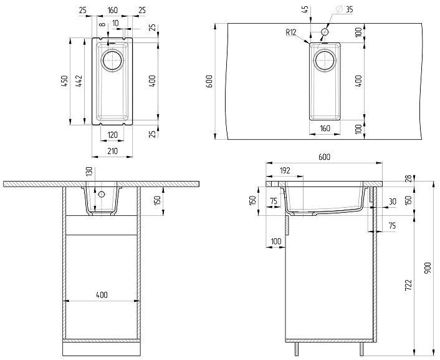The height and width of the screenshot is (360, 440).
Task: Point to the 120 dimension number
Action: click(x=112, y=135)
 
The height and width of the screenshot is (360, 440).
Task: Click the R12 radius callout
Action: click(x=290, y=32)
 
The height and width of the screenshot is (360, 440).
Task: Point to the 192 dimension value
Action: click(x=284, y=170)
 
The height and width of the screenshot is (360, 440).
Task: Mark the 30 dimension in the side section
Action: click(x=391, y=202)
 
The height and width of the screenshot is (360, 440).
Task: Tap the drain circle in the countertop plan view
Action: click(x=324, y=61)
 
